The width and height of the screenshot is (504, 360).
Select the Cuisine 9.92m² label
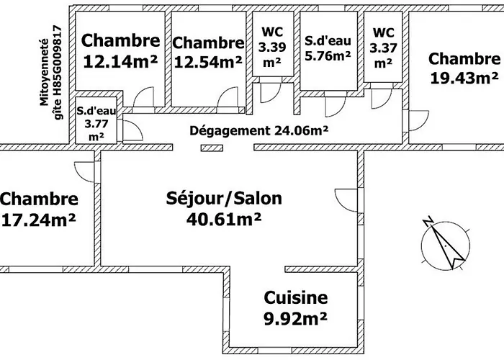(295, 305)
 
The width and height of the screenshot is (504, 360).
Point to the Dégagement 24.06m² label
(259, 130)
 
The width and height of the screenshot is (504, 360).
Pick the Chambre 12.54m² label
(208, 53)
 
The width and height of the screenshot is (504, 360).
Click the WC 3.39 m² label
(271, 47)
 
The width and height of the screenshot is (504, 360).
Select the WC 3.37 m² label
(382, 47)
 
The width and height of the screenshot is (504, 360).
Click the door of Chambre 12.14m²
(144, 98)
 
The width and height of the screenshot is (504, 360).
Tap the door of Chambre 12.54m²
(230, 98)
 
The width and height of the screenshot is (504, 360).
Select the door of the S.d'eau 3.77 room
(132, 130)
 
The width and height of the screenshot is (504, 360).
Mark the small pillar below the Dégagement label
(211, 148)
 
